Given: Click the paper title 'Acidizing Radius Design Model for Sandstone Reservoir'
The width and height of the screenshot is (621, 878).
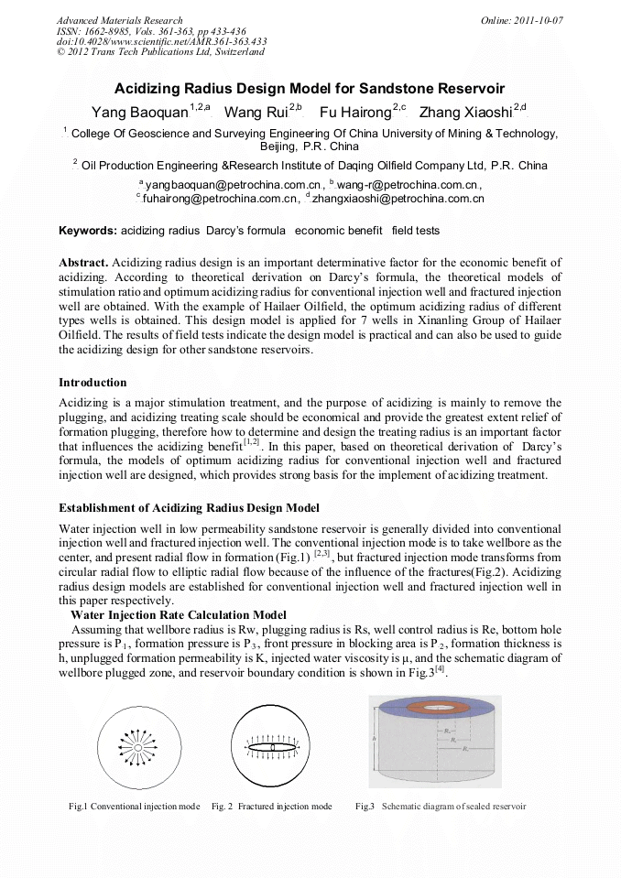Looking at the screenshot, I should [310, 90].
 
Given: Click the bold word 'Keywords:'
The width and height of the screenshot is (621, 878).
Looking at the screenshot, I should [88, 231].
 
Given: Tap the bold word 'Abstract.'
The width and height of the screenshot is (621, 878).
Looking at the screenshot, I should [84, 263].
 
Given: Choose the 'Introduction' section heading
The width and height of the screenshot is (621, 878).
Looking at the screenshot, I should [93, 382].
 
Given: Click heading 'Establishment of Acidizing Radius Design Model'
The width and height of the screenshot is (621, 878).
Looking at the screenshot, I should [189, 508].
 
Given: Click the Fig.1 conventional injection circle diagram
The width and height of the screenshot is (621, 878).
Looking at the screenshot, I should [136, 748].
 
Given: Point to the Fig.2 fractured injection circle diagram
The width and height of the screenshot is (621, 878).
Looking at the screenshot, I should [271, 748].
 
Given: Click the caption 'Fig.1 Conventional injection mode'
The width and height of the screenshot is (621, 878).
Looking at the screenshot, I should [134, 807].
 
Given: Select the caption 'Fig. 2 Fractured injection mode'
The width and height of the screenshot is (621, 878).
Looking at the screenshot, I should [271, 807].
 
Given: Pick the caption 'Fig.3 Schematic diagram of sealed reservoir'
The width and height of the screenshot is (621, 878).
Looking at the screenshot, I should [441, 807].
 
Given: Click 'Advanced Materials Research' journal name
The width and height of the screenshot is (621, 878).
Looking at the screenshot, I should [119, 20].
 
